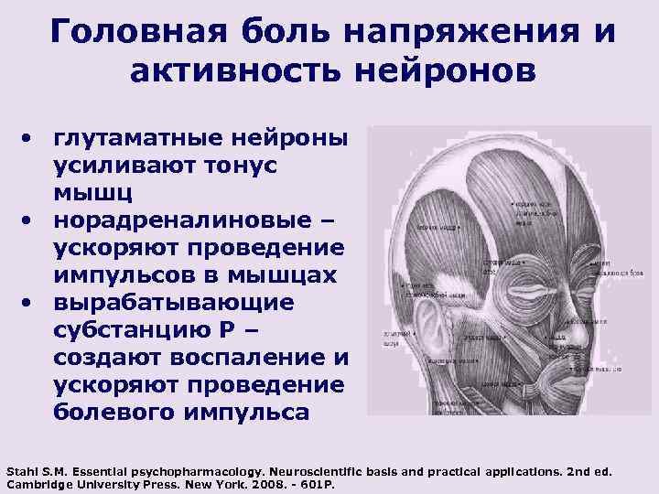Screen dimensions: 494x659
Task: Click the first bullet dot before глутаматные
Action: [x=30, y=139]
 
